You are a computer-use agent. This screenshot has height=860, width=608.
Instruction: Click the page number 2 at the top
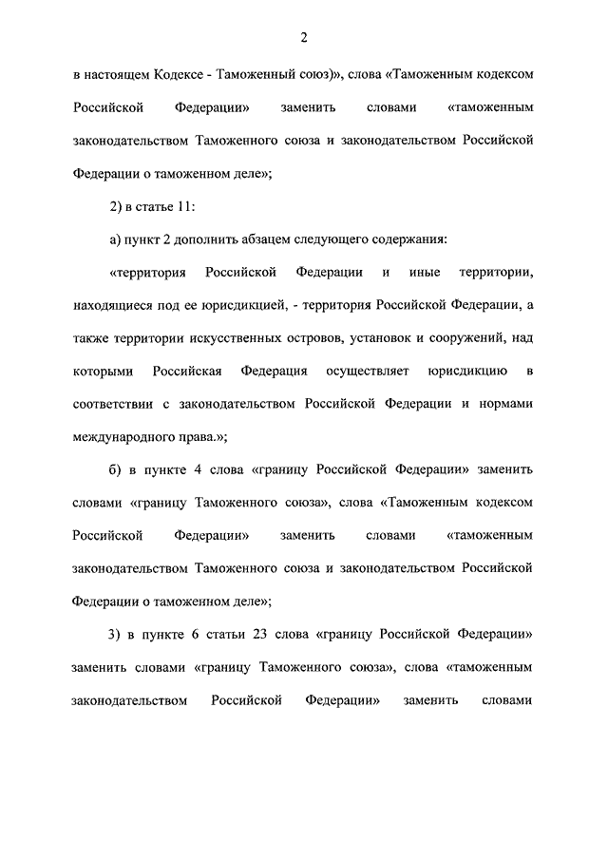point(304,38)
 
